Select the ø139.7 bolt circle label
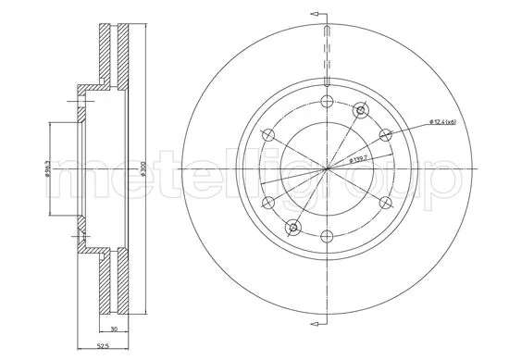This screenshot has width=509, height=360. (359, 159)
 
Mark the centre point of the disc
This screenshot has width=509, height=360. (327, 168)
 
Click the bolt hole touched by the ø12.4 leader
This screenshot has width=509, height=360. (386, 135)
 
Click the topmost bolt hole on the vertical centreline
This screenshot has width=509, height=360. (327, 101)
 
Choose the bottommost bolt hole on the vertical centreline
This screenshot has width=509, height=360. (327, 237)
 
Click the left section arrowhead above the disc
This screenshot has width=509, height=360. (316, 14)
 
